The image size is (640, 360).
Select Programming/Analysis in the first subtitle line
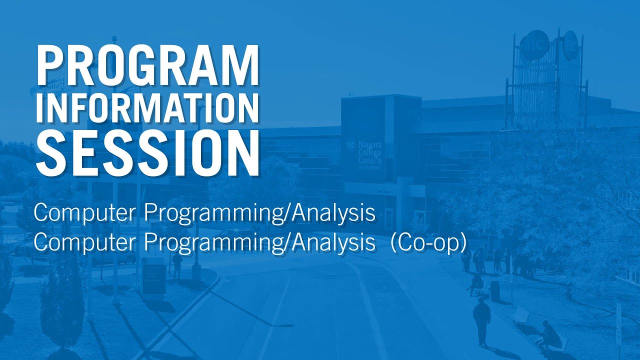coord(259,213)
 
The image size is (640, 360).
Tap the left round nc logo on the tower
coord(533,45)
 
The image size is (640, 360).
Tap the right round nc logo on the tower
coord(570,45)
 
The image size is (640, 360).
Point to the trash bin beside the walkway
coord(494,290)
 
